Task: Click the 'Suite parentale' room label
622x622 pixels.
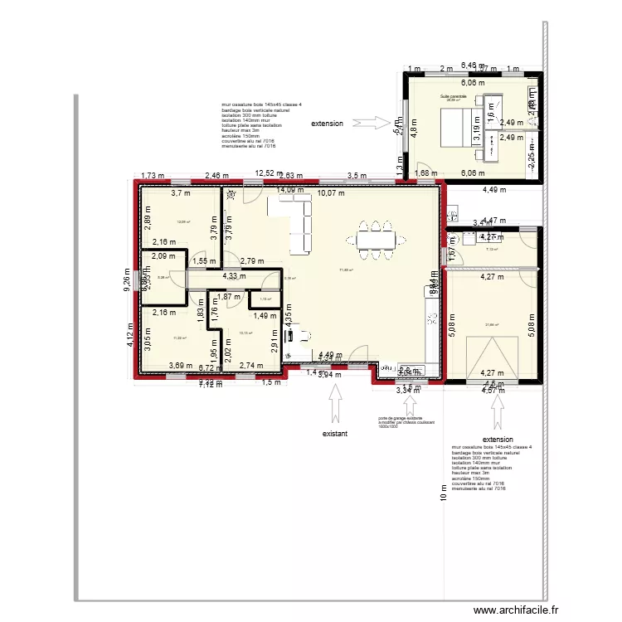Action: point(453,97)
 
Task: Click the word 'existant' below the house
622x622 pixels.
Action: point(335,433)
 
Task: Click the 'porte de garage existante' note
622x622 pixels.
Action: point(401,422)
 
